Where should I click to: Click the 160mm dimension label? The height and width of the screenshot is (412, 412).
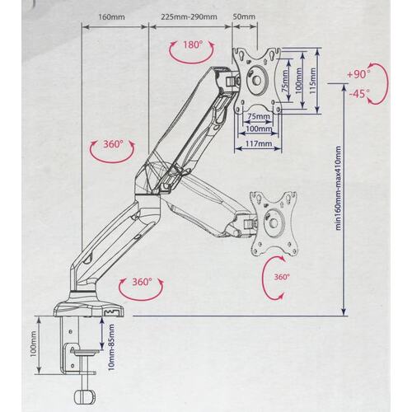111,16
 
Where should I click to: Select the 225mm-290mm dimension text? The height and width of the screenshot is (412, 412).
189,16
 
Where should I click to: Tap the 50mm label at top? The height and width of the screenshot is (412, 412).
244,16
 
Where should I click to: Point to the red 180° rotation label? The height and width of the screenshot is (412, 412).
193,44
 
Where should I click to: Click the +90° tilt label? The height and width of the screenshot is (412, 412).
358,74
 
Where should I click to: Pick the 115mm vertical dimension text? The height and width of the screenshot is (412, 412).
312,81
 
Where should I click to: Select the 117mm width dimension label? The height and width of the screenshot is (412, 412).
259,143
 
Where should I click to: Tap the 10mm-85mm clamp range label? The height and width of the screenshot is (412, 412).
111,347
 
